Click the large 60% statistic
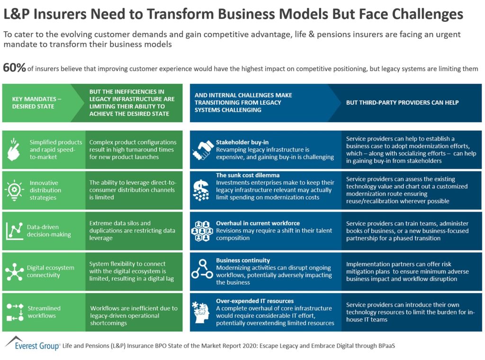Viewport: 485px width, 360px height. pyautogui.click(x=14, y=68)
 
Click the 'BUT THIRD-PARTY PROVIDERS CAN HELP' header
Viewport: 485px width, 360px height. pyautogui.click(x=402, y=103)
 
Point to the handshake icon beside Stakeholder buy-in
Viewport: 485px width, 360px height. pyautogui.click(x=202, y=150)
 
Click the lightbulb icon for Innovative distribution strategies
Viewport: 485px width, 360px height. pyautogui.click(x=14, y=190)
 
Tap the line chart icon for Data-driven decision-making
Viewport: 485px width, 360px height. pyautogui.click(x=14, y=231)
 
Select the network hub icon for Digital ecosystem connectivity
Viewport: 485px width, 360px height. pyautogui.click(x=14, y=271)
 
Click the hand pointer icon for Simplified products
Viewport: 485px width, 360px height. pyautogui.click(x=14, y=149)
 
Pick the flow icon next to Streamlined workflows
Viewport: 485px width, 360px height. pyautogui.click(x=14, y=312)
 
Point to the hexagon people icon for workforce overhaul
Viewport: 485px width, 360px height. pyautogui.click(x=202, y=231)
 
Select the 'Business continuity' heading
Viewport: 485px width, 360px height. pyautogui.click(x=243, y=260)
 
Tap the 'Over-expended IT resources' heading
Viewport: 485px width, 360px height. pyautogui.click(x=255, y=301)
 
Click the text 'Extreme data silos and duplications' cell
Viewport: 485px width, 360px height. pyautogui.click(x=132, y=231)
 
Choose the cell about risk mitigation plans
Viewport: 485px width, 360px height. pyautogui.click(x=407, y=271)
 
